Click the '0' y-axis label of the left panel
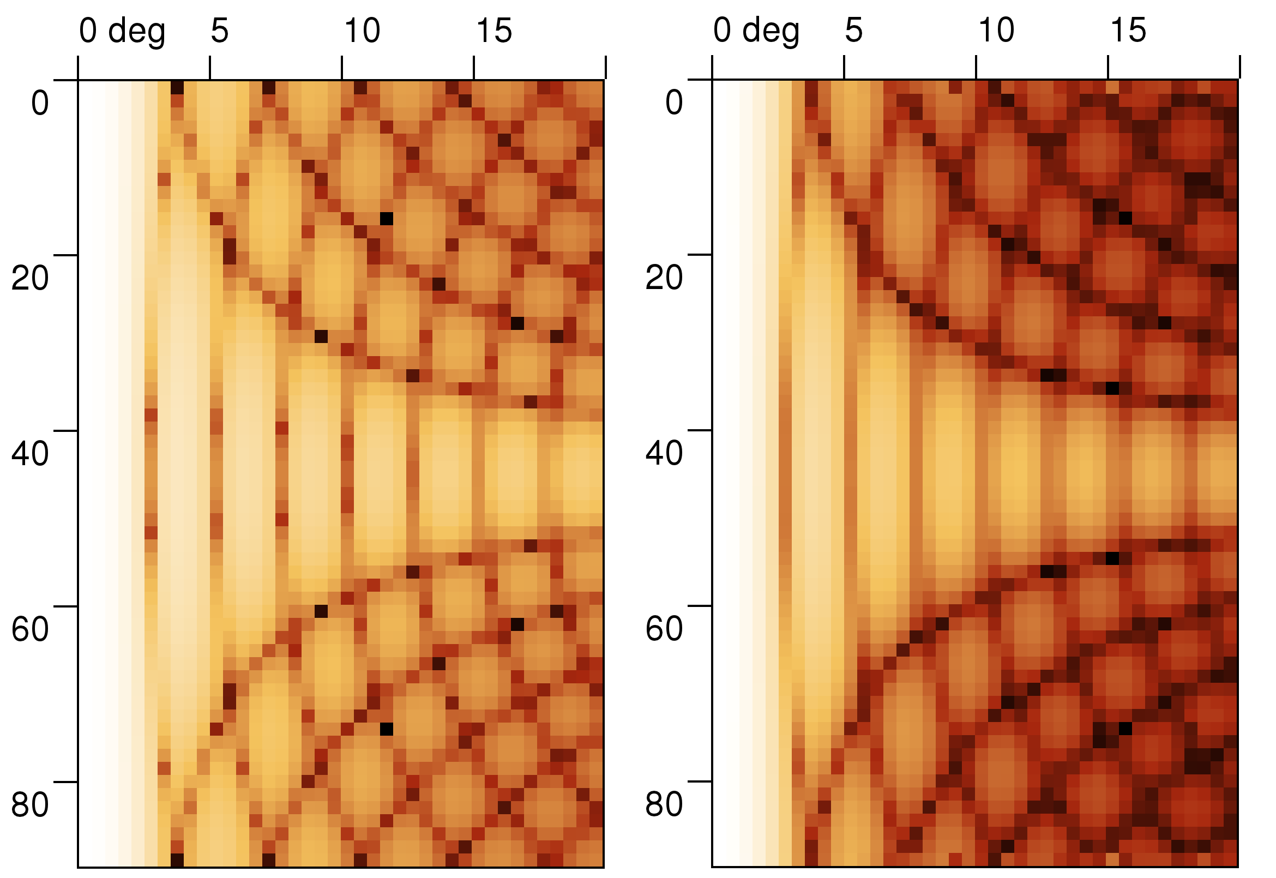40,103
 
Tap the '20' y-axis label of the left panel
29,278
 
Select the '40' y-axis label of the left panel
29,453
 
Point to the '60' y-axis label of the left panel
29,629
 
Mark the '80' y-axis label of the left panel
29,804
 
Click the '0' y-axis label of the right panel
674,103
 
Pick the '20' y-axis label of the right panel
664,277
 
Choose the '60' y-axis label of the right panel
664,628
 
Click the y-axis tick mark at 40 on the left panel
65,431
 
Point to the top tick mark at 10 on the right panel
976,67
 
